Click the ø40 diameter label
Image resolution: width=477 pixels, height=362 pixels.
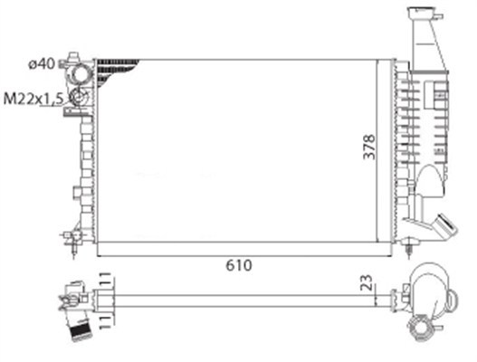42,64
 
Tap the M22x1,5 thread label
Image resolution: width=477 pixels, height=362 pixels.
33,99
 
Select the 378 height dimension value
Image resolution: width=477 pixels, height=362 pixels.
369,147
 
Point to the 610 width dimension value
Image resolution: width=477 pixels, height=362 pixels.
239,265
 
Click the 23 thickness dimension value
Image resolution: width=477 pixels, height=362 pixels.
367,282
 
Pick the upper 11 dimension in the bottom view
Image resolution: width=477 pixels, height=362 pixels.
105,280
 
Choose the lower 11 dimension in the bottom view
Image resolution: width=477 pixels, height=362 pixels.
105,322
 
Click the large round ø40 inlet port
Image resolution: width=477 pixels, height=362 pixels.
81,74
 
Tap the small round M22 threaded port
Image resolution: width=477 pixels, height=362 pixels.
79,97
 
